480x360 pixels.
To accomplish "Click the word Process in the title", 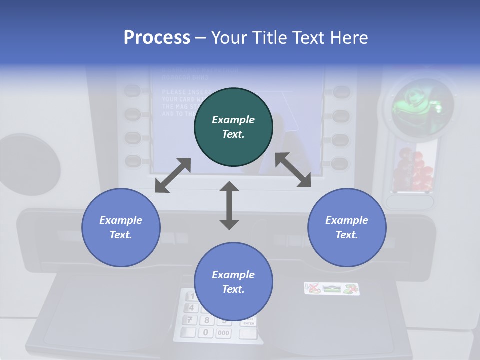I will [x=157, y=38].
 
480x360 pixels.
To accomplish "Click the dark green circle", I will [x=233, y=127].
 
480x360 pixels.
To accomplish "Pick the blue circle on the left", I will [x=121, y=227].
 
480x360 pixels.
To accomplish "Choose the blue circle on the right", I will [x=347, y=227].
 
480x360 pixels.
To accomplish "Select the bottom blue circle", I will [x=233, y=282].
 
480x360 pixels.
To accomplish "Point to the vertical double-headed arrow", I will [x=229, y=205].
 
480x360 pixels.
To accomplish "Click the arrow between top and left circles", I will [x=173, y=175].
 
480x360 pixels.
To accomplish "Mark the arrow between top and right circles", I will [x=293, y=170].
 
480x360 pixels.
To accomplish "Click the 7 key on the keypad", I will [x=190, y=320].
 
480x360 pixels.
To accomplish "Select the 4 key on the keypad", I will [x=191, y=308].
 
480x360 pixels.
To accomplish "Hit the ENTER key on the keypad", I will [x=248, y=323].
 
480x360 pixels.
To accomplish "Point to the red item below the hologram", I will [x=413, y=172].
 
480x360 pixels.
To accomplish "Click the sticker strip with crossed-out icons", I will [x=331, y=288].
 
